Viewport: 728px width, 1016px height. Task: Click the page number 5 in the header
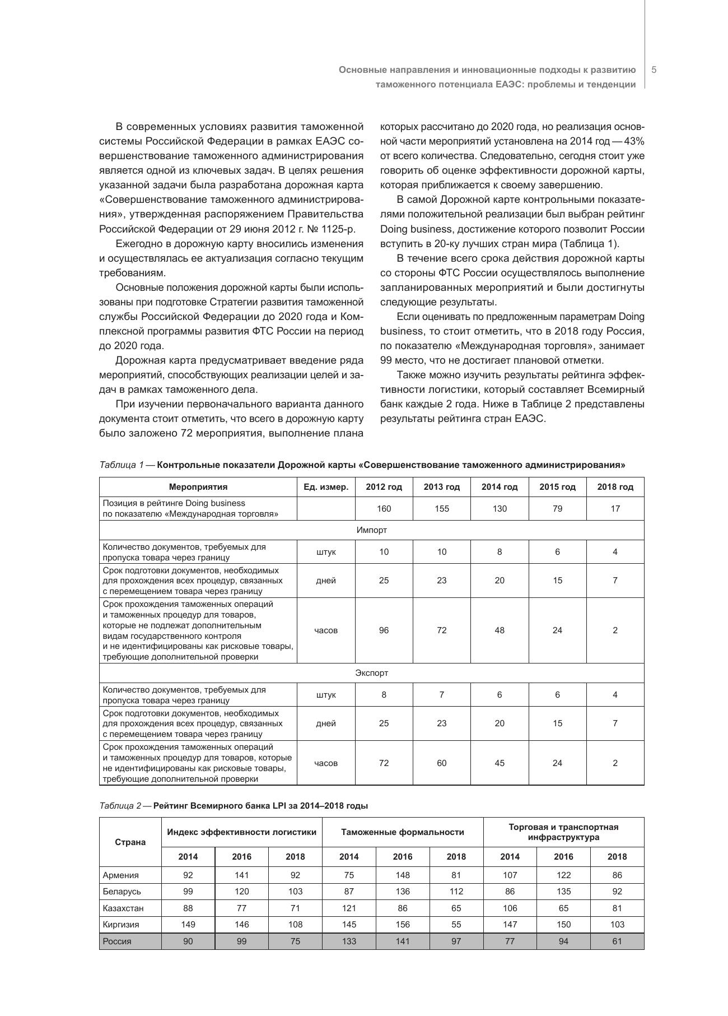tap(654, 70)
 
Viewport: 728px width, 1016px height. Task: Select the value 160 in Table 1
tap(384, 509)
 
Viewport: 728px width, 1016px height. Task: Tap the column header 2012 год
tap(384, 487)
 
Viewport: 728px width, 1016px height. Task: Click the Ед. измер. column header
tap(326, 487)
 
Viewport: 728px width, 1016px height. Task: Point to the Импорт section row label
tap(371, 530)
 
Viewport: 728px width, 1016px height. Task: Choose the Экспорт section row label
tap(371, 673)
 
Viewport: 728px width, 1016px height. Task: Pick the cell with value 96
tap(384, 630)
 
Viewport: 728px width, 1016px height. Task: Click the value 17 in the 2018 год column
tap(615, 509)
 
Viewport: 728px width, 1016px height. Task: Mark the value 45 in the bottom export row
tap(500, 763)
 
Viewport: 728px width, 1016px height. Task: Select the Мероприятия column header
tap(198, 487)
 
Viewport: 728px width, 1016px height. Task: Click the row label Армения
tap(121, 875)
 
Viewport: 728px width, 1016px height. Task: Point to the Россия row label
tap(117, 941)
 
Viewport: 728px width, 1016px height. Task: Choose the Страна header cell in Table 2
tap(130, 842)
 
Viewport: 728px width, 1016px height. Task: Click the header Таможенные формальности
tap(402, 832)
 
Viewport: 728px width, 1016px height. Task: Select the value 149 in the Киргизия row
tap(188, 925)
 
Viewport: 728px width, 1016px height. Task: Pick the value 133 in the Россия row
tap(349, 941)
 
